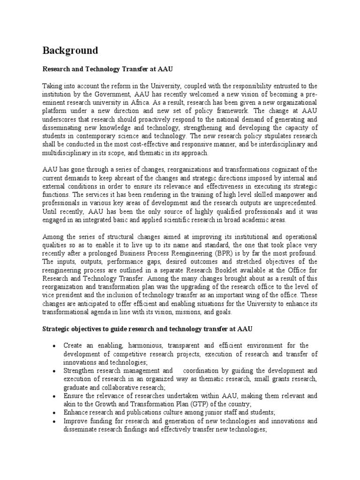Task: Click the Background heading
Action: [x=70, y=51]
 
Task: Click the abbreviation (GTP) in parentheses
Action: [x=192, y=404]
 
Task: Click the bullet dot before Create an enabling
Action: [x=55, y=345]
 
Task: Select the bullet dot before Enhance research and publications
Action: [x=55, y=412]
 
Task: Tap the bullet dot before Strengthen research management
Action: [x=55, y=370]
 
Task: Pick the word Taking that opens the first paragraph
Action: [x=52, y=86]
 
